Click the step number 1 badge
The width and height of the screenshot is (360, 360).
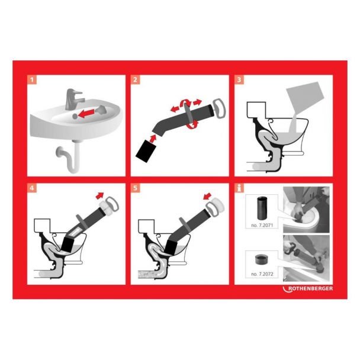(32, 80)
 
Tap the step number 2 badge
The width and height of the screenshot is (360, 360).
(135, 80)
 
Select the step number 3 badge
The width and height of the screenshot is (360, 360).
(239, 80)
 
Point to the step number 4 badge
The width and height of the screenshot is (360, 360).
(32, 188)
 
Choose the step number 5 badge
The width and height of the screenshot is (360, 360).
(135, 188)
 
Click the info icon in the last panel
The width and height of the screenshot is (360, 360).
(239, 188)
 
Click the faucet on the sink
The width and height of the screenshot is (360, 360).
(73, 99)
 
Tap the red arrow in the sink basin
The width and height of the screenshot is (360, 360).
(86, 113)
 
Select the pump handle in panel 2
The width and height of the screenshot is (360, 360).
(219, 108)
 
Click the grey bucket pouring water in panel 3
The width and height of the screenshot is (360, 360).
(304, 97)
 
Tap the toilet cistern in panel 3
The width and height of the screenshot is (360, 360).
(256, 110)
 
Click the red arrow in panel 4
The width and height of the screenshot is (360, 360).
(99, 195)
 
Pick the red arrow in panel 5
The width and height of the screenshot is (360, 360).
(208, 197)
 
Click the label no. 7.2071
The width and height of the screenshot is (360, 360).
(262, 225)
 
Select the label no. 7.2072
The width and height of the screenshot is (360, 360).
(262, 274)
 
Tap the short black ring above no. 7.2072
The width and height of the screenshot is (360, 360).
(262, 259)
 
